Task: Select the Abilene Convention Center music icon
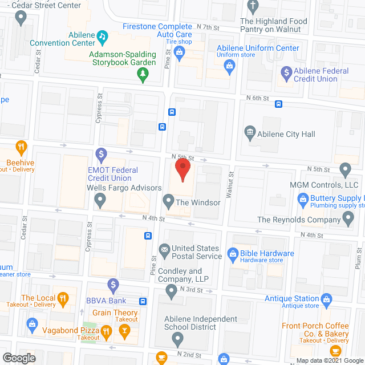click(x=102, y=36)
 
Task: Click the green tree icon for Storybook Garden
click(x=143, y=74)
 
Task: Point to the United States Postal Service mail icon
click(x=164, y=249)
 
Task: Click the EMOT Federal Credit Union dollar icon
click(x=101, y=153)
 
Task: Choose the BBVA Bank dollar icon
click(x=113, y=283)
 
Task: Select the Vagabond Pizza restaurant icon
click(x=106, y=331)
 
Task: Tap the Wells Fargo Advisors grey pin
click(x=100, y=200)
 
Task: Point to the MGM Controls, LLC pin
click(x=344, y=169)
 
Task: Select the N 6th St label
click(x=258, y=98)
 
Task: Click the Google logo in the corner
click(x=18, y=358)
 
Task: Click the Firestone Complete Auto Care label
click(x=158, y=31)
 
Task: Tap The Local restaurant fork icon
click(x=64, y=298)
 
